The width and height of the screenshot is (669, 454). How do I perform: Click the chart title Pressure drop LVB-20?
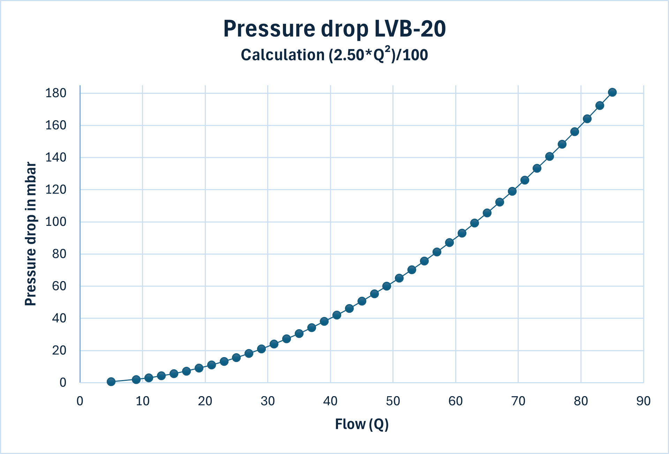pyautogui.click(x=334, y=29)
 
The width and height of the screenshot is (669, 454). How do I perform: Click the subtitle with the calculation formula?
pyautogui.click(x=334, y=55)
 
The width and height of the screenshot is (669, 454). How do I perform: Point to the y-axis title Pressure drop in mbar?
pyautogui.click(x=31, y=234)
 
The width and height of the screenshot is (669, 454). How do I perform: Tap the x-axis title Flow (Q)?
pyautogui.click(x=362, y=424)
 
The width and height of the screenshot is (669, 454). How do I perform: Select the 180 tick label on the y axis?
pyautogui.click(x=56, y=93)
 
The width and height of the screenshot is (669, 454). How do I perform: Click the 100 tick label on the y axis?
pyautogui.click(x=56, y=222)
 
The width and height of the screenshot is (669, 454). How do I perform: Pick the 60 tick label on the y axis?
pyautogui.click(x=59, y=286)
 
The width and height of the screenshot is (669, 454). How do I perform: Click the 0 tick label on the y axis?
pyautogui.click(x=63, y=383)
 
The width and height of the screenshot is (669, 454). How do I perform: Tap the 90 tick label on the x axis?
pyautogui.click(x=643, y=401)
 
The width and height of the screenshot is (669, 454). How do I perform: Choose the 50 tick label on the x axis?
pyautogui.click(x=393, y=401)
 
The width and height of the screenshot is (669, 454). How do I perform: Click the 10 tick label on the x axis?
pyautogui.click(x=142, y=401)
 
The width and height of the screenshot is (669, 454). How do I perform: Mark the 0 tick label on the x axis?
pyautogui.click(x=80, y=401)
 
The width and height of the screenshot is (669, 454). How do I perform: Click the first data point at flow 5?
pyautogui.click(x=111, y=381)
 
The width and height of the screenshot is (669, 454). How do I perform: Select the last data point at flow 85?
pyautogui.click(x=612, y=92)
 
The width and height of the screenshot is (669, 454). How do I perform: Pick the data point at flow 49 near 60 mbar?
pyautogui.click(x=386, y=286)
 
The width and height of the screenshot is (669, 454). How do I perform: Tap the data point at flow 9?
pyautogui.click(x=136, y=379)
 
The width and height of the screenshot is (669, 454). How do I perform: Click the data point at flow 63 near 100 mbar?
pyautogui.click(x=474, y=223)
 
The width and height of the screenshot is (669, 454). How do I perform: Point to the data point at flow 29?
pyautogui.click(x=262, y=349)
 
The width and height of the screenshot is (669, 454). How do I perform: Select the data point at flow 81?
pyautogui.click(x=587, y=119)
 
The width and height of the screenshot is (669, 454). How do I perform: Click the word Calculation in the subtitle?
pyautogui.click(x=283, y=55)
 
